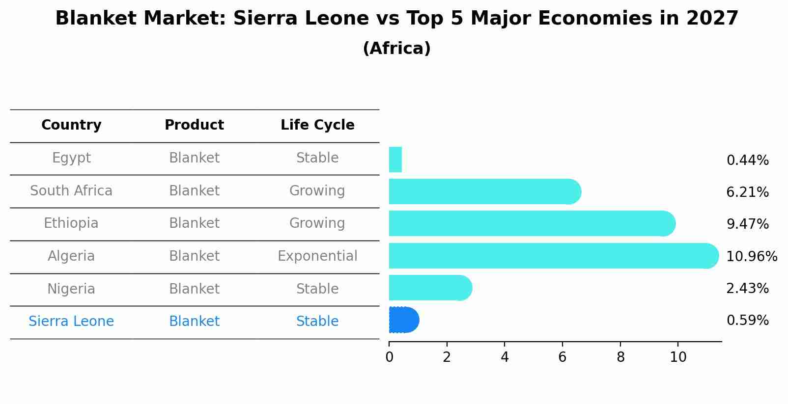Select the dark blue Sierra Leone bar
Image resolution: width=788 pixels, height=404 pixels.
(x=403, y=320)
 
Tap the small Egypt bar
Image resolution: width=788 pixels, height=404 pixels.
(x=395, y=160)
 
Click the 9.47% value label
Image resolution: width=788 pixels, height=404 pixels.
(x=747, y=224)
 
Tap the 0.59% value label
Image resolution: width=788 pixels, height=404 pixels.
(x=747, y=321)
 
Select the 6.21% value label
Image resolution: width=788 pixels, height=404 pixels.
(x=747, y=192)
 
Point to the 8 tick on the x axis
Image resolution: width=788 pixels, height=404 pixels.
(x=620, y=357)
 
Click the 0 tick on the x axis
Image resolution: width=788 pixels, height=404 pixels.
(x=389, y=357)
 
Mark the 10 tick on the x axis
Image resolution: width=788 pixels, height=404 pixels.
(x=678, y=357)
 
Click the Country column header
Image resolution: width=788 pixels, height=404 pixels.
(x=71, y=125)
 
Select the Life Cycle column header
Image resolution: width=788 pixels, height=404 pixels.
(x=317, y=125)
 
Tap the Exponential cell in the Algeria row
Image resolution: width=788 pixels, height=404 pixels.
(x=317, y=256)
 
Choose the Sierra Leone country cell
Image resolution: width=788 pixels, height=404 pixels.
(x=71, y=322)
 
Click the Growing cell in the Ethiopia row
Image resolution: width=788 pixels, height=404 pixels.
(x=317, y=223)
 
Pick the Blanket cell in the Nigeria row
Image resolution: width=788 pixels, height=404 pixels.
(x=194, y=289)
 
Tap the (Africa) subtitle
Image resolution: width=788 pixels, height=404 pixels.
(x=396, y=48)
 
